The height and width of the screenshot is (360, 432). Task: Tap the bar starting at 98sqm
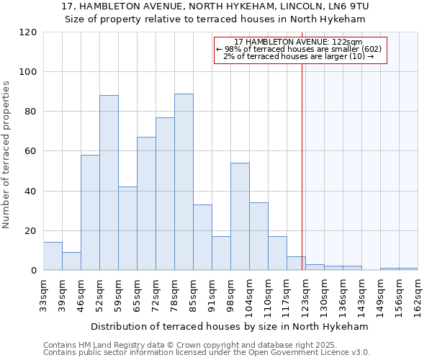(240, 216)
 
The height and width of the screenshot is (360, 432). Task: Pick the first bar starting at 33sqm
(53, 256)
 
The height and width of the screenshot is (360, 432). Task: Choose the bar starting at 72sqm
(165, 194)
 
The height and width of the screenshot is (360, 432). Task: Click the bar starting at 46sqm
(90, 212)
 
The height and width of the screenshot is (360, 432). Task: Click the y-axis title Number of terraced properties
(7, 155)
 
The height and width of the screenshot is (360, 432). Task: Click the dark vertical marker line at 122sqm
(302, 166)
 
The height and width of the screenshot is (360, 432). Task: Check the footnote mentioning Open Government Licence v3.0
(207, 353)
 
